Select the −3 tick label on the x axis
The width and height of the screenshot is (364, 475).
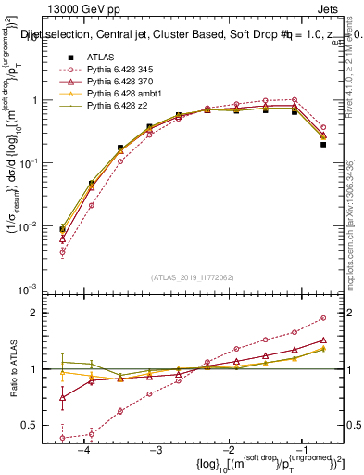click(156, 450)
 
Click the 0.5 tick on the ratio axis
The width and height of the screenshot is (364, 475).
click(39, 426)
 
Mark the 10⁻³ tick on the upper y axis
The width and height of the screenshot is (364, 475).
click(35, 289)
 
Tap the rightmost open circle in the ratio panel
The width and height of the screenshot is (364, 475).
click(323, 317)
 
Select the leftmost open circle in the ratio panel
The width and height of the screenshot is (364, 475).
click(62, 437)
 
